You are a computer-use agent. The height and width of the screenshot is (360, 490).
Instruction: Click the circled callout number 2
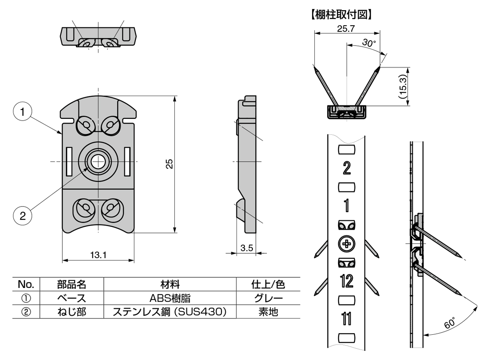23,215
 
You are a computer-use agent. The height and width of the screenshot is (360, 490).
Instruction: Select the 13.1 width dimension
98,255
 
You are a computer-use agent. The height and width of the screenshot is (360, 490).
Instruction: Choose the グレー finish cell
268,298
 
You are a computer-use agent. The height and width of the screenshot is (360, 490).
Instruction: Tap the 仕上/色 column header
268,284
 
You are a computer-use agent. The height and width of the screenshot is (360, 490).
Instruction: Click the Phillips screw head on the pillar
346,244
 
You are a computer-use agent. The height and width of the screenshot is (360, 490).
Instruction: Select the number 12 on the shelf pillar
346,281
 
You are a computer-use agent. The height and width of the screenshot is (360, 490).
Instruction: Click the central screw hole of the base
97,162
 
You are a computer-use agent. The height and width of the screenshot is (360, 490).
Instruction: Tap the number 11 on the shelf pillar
346,318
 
